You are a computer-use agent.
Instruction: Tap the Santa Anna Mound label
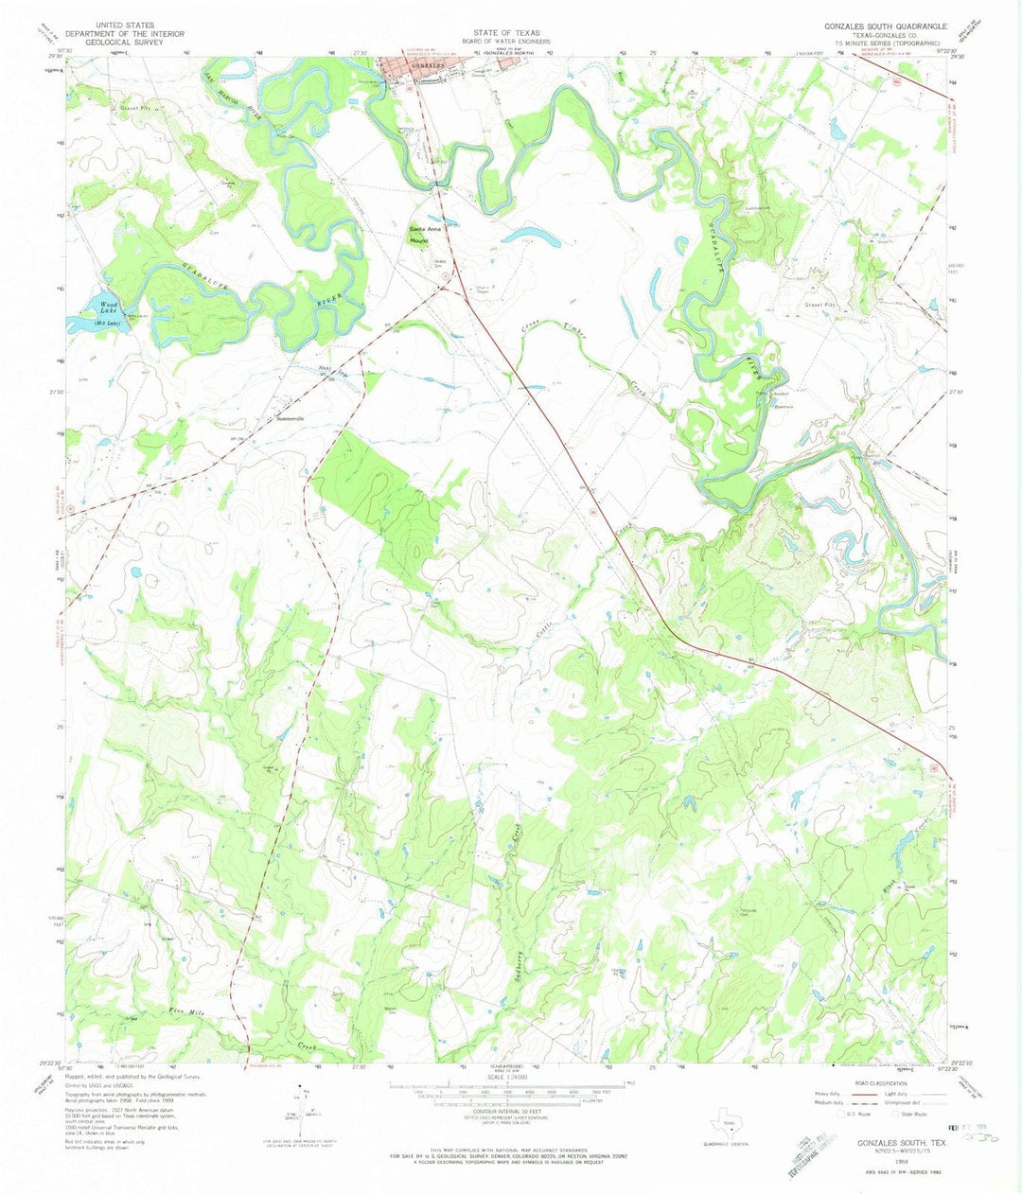point(425,235)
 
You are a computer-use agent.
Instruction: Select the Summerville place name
point(292,418)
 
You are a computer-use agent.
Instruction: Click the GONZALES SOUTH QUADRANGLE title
point(872,26)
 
